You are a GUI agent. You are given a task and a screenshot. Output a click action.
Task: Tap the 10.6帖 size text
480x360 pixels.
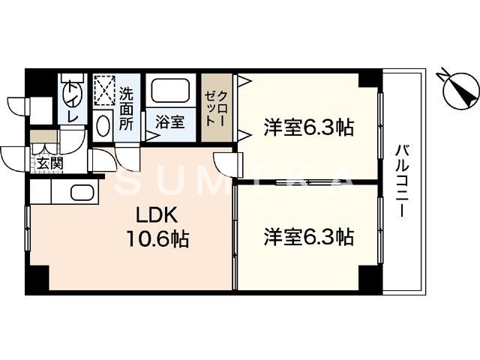pyautogui.click(x=157, y=240)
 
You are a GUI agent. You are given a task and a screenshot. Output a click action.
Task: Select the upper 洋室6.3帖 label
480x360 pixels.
pyautogui.click(x=308, y=127)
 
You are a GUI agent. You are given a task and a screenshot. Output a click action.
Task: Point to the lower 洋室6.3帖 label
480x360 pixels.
pyautogui.click(x=308, y=238)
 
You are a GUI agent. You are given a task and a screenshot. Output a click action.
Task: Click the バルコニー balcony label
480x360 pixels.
pyautogui.click(x=403, y=180)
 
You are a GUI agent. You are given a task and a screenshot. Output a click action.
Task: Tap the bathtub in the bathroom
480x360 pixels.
pyautogui.click(x=172, y=91)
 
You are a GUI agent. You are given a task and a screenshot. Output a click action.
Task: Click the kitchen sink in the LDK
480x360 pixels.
pyautogui.click(x=82, y=193)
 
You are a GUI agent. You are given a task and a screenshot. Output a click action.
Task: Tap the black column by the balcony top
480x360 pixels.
pyautogui.click(x=369, y=78)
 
